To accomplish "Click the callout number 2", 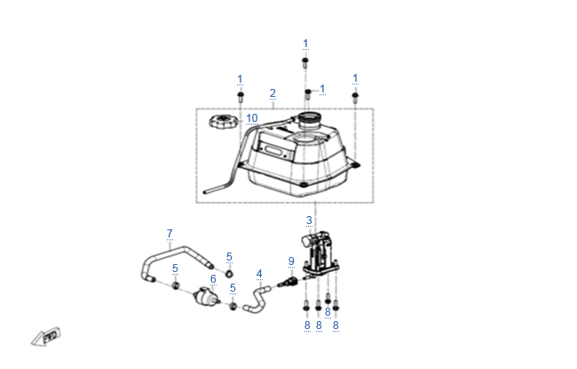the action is (x=273, y=93).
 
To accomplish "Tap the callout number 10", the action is (x=252, y=118).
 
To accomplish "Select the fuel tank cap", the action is (x=222, y=122).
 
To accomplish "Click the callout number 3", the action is (x=309, y=221).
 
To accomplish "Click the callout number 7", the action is (x=170, y=234).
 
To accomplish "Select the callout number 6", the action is (x=213, y=279).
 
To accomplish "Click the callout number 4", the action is (x=259, y=274).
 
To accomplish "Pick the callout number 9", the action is (x=291, y=261).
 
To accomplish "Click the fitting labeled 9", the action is (x=288, y=282).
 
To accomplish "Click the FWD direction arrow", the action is (x=46, y=337).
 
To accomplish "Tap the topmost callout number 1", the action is (x=305, y=44).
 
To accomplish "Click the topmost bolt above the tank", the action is (x=305, y=62).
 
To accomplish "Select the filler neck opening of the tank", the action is (x=310, y=119).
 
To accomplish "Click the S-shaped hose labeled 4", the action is (x=257, y=300).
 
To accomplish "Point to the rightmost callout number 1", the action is (x=355, y=78).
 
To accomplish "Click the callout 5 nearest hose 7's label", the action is (x=175, y=269).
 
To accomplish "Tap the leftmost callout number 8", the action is (x=307, y=325).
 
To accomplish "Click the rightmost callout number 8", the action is (x=336, y=325).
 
